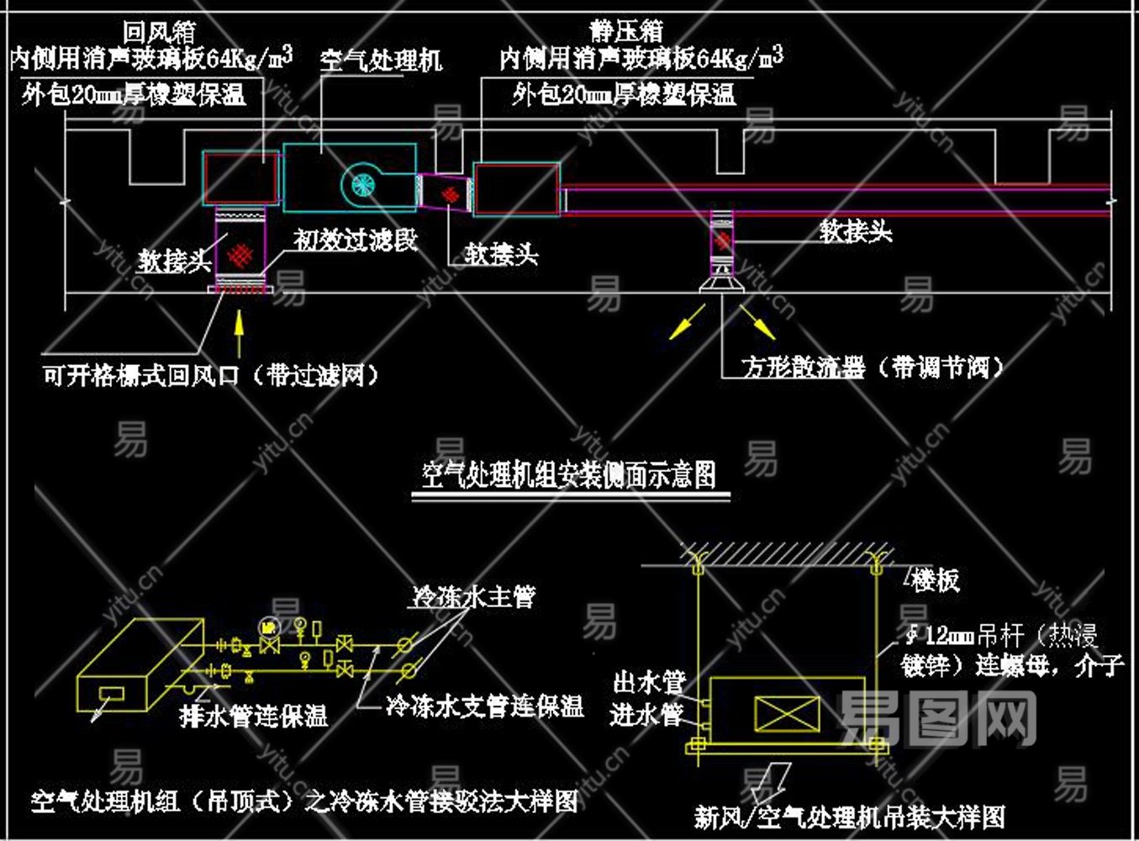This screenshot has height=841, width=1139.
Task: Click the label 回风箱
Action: (160, 32)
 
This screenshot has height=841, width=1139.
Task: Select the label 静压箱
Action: (627, 32)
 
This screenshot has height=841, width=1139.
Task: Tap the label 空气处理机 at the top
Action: (380, 60)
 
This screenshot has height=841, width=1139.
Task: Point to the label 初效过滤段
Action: (356, 241)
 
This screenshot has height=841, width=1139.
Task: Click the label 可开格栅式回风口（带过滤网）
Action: (210, 374)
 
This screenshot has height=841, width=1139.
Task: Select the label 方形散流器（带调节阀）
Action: (873, 368)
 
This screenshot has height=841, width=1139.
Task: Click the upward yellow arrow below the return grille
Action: (240, 333)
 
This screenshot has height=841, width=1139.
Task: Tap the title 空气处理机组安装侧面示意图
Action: (569, 475)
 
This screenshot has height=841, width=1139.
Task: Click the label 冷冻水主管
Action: (473, 597)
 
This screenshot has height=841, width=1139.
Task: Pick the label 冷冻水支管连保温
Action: (485, 706)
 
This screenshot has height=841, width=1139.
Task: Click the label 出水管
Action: (649, 681)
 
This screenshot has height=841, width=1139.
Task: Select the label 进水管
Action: (646, 715)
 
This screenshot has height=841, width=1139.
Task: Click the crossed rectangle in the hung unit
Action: (787, 714)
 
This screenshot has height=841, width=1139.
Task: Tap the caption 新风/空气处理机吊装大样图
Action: (849, 817)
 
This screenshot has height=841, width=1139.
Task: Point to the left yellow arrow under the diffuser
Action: (687, 322)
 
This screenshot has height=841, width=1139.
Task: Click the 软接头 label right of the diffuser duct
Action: (856, 231)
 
